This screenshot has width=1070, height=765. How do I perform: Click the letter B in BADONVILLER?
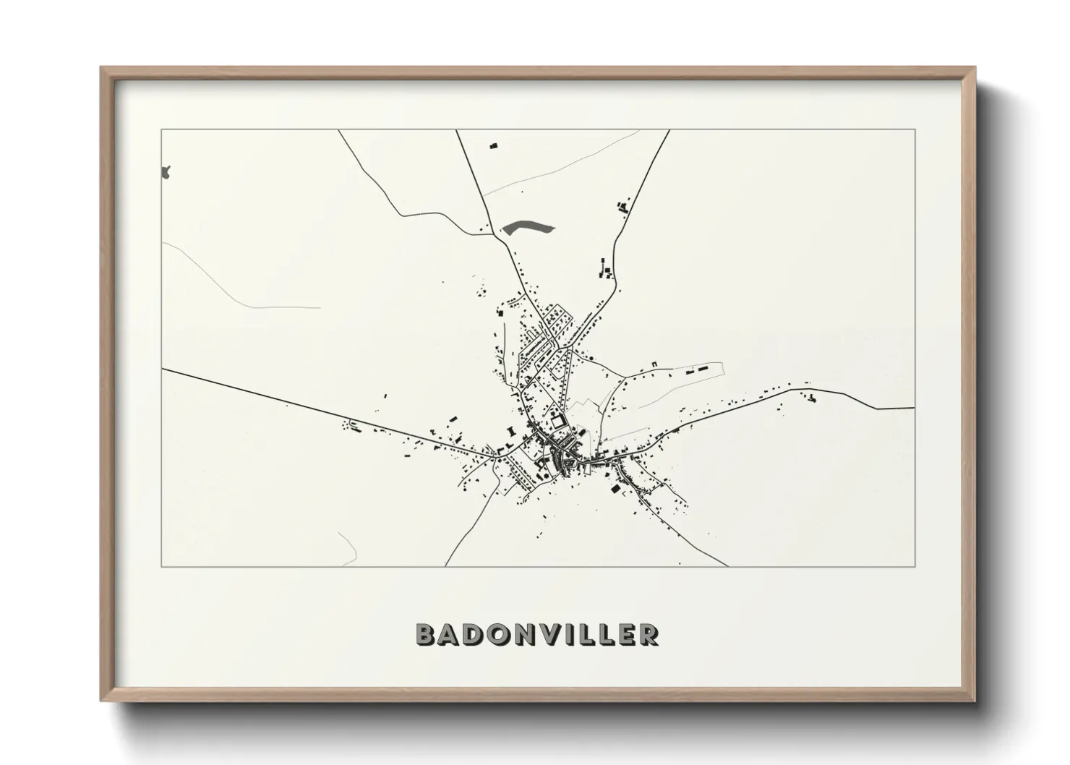point(427,634)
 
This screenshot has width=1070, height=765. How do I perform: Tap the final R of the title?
point(649,634)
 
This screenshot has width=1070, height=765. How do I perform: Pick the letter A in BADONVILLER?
point(449,634)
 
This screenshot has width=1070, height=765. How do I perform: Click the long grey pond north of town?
point(528,228)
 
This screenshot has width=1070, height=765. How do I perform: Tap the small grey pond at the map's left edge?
point(166,173)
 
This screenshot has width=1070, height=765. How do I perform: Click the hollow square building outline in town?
point(557,419)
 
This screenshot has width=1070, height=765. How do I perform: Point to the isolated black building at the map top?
point(495,146)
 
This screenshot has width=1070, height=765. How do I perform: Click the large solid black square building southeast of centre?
point(616,489)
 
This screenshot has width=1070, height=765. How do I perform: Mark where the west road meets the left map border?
point(162,369)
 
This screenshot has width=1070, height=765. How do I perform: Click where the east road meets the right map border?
point(915,408)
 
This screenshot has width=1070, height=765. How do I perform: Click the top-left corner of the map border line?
point(161,129)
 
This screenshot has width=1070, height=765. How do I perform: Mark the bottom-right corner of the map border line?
point(915,566)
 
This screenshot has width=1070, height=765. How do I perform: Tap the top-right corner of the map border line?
point(915,129)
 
